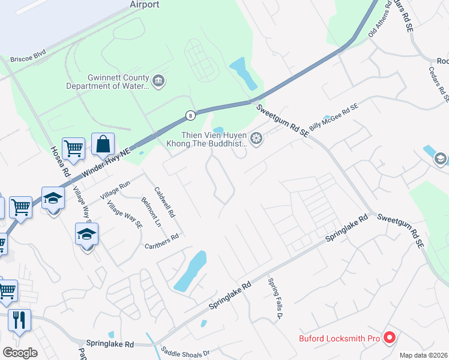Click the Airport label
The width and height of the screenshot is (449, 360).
click(x=145, y=5)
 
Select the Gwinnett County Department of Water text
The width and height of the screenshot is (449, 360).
click(x=118, y=82)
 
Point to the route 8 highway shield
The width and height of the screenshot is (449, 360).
click(x=190, y=115)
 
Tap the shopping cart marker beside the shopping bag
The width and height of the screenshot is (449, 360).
click(x=73, y=148)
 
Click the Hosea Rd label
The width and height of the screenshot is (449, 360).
click(x=58, y=161)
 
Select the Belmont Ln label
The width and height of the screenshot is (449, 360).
click(x=151, y=211)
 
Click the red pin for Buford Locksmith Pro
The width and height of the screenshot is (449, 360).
click(x=389, y=338)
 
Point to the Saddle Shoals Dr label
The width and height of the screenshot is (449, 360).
click(x=184, y=353)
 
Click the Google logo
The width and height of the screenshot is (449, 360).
click(x=20, y=352)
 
